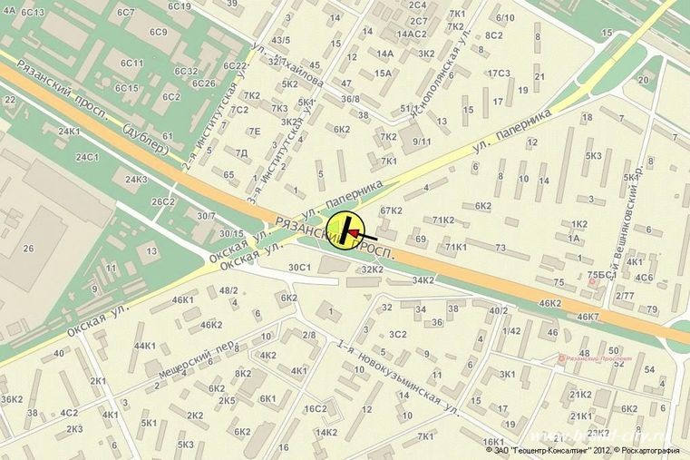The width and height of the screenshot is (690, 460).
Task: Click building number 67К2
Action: point(391,210)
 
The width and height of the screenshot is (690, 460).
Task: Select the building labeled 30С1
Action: point(299,268)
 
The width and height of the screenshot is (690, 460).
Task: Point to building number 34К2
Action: point(423,280)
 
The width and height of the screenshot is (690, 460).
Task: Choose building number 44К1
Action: point(145,346)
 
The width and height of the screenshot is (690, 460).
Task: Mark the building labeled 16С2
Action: point(315,409)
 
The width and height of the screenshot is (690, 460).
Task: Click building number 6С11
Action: point(132,63)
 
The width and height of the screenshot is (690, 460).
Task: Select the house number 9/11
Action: point(422,142)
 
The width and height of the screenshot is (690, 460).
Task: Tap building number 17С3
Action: point(499,73)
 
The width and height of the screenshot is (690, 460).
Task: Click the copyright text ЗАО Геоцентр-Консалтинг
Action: point(552,449)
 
